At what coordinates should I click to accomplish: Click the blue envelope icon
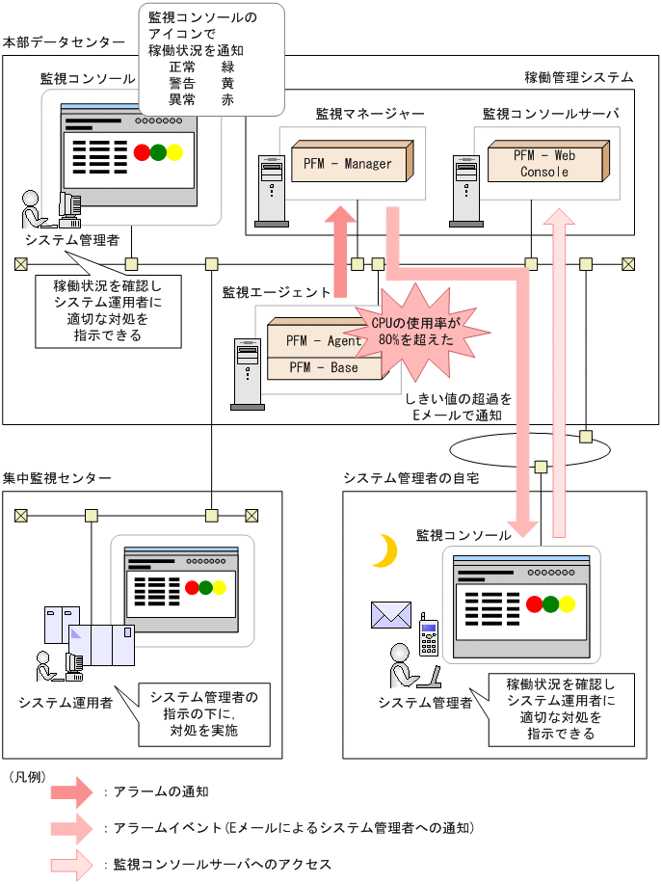[x=391, y=614]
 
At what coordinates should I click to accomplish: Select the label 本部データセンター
[x=64, y=42]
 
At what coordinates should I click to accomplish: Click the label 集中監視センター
[x=57, y=478]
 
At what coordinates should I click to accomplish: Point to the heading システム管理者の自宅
[x=411, y=478]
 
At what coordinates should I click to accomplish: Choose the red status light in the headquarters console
[x=143, y=151]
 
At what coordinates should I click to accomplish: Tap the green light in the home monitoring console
[x=550, y=604]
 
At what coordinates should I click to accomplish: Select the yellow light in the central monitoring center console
[x=219, y=587]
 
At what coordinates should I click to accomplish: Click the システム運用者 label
[x=65, y=702]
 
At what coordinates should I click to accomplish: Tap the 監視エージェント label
[x=277, y=292]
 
